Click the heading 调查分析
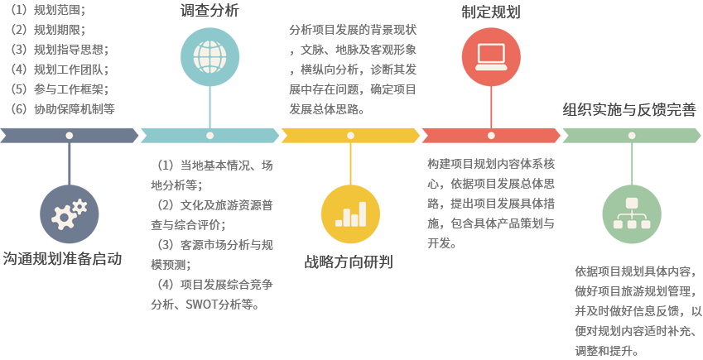tap(209, 11)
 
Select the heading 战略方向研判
tap(349, 262)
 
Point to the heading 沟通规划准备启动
tap(62, 258)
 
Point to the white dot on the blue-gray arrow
tap(70, 135)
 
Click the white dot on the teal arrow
tap(209, 135)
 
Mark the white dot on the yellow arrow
tap(350, 135)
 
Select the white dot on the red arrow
tap(490, 135)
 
